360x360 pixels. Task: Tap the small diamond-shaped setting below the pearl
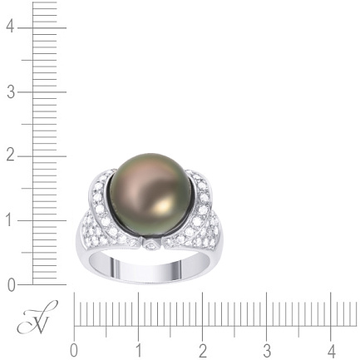pos(151,245)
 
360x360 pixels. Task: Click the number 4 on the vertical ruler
pos(11,27)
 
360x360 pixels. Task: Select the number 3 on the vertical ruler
pos(11,92)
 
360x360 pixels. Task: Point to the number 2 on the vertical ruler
pos(11,156)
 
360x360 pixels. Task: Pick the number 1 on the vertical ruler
pos(11,220)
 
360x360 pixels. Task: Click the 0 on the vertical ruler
pos(11,285)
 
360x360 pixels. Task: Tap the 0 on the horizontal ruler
pos(74,352)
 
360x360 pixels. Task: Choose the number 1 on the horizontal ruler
pos(139,352)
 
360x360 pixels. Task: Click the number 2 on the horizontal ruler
pos(203,352)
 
